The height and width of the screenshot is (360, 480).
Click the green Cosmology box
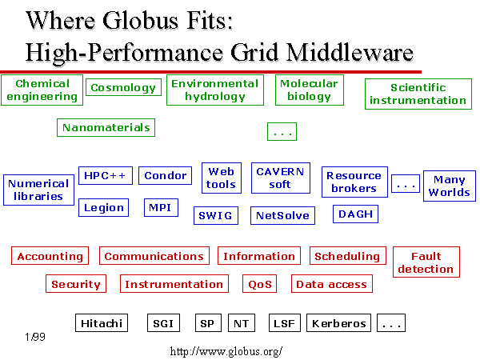click(x=124, y=87)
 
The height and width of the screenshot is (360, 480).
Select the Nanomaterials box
click(x=106, y=127)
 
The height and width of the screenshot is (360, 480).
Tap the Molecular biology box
click(x=309, y=90)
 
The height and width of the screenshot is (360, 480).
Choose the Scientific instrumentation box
click(x=418, y=94)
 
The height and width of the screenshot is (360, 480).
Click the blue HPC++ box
click(x=106, y=175)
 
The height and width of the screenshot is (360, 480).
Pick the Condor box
click(x=165, y=175)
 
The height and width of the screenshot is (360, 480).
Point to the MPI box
click(x=161, y=207)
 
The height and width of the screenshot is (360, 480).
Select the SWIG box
click(x=216, y=215)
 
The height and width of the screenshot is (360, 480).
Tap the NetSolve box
click(x=282, y=215)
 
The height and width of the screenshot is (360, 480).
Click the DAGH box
click(x=355, y=214)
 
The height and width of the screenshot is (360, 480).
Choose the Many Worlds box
click(x=450, y=186)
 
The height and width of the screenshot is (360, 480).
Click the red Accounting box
click(x=50, y=256)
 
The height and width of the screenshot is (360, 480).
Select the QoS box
click(x=259, y=284)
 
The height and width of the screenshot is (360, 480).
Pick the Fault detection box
click(x=426, y=262)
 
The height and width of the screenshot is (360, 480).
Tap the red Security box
click(x=76, y=284)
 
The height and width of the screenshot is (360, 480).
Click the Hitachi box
click(x=102, y=323)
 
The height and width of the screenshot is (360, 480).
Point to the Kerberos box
click(x=338, y=323)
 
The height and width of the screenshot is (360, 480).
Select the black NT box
click(x=242, y=323)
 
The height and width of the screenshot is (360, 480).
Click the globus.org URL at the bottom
click(x=226, y=351)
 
